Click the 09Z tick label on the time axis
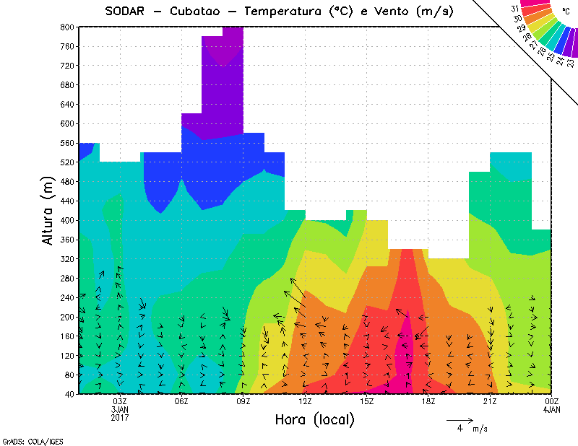click(243, 401)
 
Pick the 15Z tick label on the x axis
click(366, 401)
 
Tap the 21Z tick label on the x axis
click(490, 401)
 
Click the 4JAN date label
click(551, 410)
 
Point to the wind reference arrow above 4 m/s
click(460, 419)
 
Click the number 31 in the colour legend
click(514, 8)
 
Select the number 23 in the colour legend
click(571, 63)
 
